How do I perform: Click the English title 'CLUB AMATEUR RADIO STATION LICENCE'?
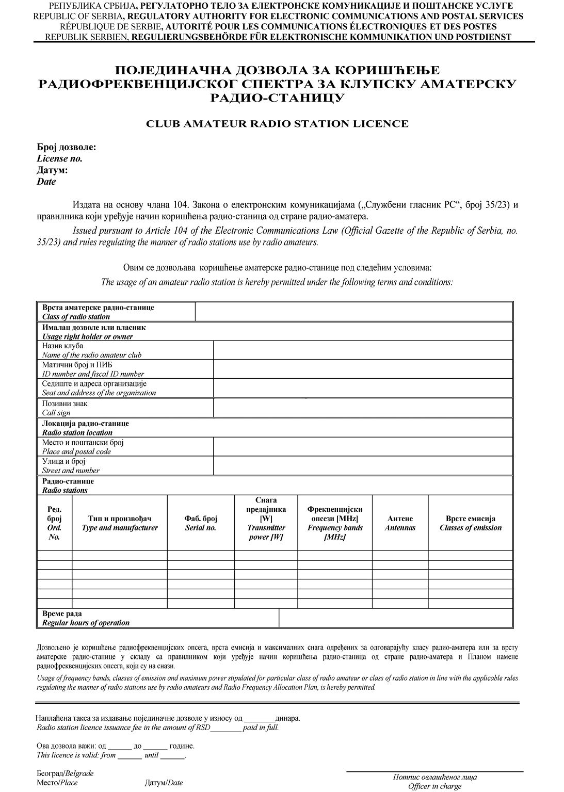click(277, 124)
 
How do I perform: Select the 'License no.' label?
click(59, 159)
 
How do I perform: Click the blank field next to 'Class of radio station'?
click(353, 312)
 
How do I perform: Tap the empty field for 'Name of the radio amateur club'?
click(363, 350)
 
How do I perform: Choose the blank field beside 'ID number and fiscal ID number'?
click(363, 369)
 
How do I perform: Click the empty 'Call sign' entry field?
click(363, 408)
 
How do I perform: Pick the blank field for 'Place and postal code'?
click(363, 447)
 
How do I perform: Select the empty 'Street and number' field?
click(363, 465)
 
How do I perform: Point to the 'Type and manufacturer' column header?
click(120, 523)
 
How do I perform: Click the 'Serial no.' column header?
click(201, 523)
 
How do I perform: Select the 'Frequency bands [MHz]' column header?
click(335, 523)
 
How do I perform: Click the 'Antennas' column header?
click(400, 523)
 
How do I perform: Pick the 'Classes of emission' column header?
click(471, 523)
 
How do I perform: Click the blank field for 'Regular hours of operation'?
click(395, 618)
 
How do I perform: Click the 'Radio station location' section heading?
click(77, 433)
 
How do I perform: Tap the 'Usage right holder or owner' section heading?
click(88, 337)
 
